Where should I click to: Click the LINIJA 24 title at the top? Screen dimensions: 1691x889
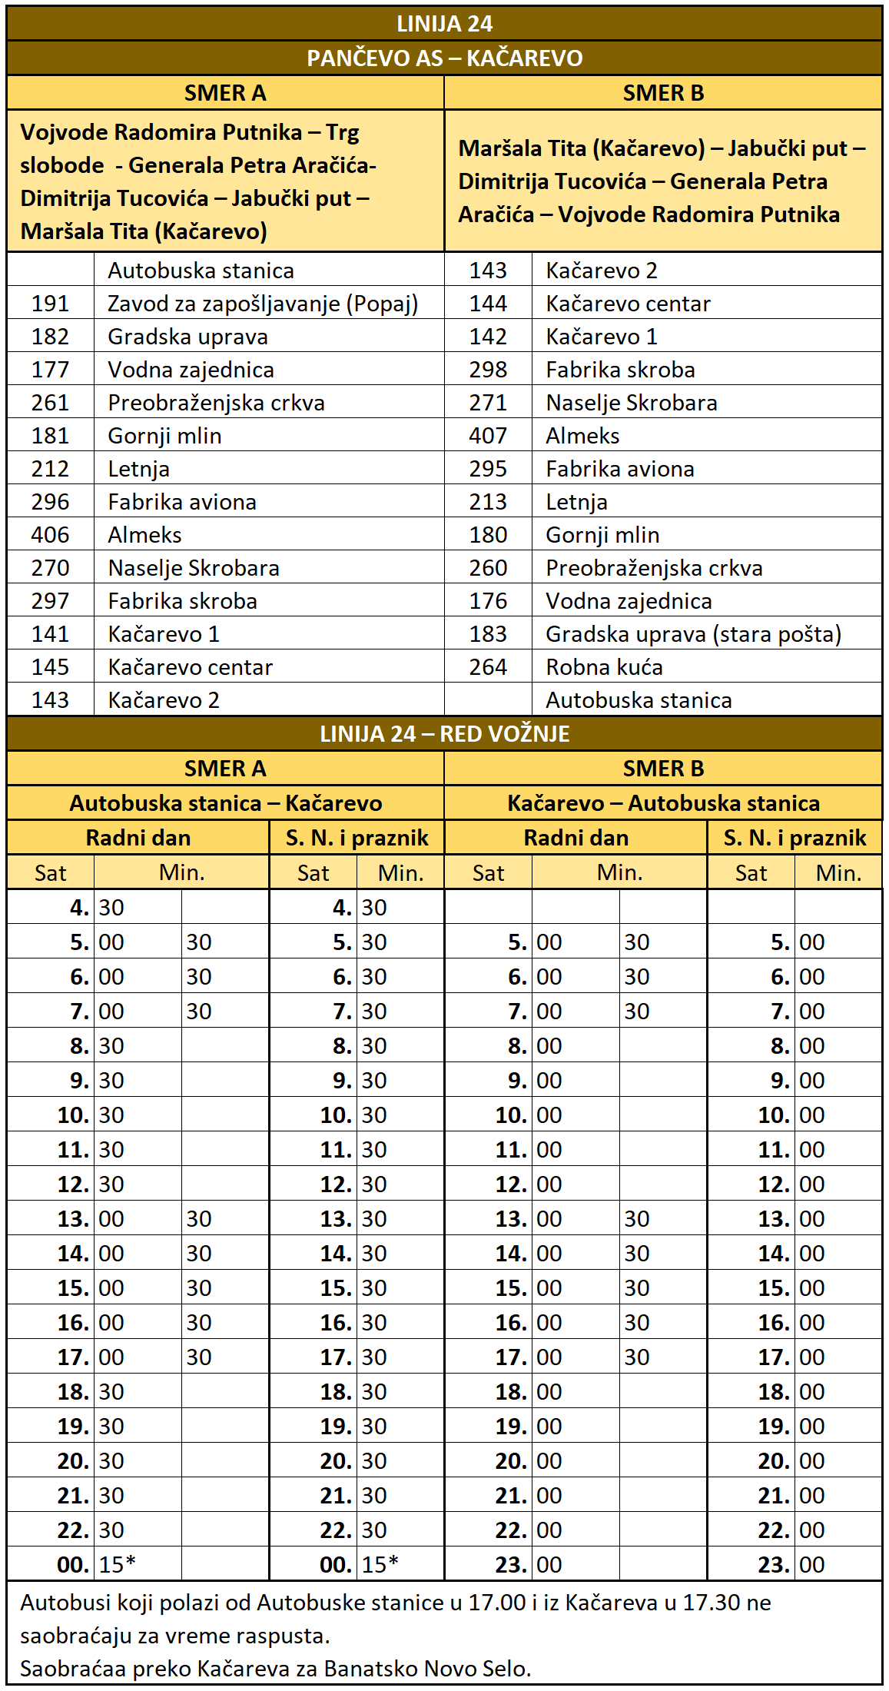click(444, 24)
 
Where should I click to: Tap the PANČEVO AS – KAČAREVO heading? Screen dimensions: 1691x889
click(444, 58)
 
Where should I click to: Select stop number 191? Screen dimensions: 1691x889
click(50, 304)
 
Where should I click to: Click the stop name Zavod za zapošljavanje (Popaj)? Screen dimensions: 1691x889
click(263, 304)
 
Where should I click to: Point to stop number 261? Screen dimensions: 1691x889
click(50, 403)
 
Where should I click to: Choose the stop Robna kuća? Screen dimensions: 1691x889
click(604, 667)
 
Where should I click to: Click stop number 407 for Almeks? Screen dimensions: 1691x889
click(488, 436)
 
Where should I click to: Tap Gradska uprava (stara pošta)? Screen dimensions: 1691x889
click(693, 634)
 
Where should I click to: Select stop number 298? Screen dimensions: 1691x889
click(488, 370)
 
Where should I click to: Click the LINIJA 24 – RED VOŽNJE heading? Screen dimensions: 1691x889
click(444, 734)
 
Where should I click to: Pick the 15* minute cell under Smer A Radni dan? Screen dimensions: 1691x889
click(118, 1564)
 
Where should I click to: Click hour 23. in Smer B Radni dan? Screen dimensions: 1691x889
click(512, 1564)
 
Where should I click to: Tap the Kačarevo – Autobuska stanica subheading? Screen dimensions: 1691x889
click(663, 803)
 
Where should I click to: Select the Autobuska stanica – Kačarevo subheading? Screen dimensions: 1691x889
click(225, 803)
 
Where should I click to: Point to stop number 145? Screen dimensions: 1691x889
click(50, 667)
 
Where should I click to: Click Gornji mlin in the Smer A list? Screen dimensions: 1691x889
click(164, 436)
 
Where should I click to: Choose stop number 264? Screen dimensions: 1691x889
click(488, 667)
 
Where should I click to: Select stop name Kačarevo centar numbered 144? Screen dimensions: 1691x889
click(628, 304)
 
